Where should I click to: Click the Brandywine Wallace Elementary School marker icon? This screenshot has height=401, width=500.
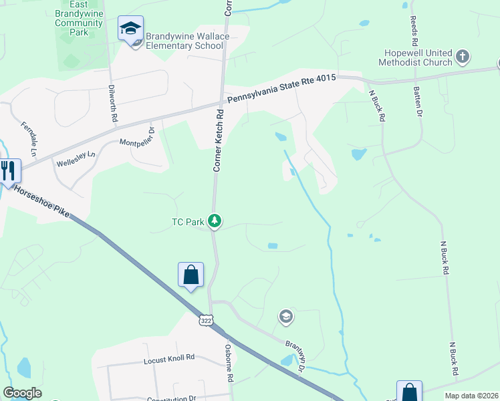coord(131,29)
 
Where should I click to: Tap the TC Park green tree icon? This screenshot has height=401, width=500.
coord(215,221)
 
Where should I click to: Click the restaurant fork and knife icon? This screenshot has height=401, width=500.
coord(8,170)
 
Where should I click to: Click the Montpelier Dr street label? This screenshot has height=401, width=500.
coord(137,136)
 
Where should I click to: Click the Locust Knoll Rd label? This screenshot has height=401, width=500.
coord(168,358)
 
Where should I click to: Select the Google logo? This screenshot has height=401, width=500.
coord(22,393)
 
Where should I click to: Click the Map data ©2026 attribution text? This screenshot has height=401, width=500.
coord(471,395)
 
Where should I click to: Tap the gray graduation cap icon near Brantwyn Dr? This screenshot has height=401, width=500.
coord(286,316)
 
